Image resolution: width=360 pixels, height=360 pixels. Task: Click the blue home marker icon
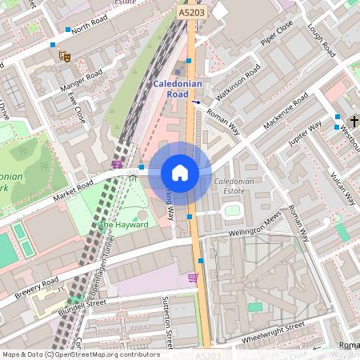pos(180,173)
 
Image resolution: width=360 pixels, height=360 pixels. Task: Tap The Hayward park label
pos(123,225)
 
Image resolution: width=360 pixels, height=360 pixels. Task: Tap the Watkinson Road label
pos(237,82)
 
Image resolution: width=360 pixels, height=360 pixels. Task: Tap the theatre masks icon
pos(65,56)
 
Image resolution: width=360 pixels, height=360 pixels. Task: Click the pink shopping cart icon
pos(192,278)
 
